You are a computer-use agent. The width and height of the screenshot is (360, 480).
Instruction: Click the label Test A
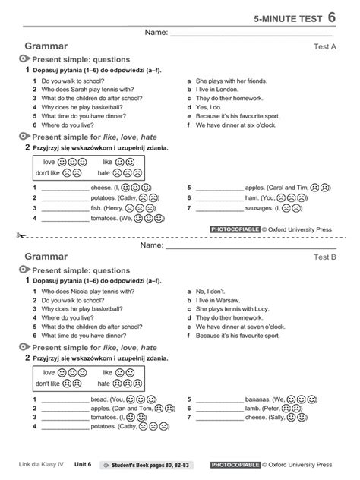point(324,46)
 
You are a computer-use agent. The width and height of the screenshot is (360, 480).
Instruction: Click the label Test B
point(324,257)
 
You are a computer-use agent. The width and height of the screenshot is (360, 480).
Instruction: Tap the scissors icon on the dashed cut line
point(9,236)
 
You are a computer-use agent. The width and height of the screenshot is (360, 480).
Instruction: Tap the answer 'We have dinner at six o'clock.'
point(236,125)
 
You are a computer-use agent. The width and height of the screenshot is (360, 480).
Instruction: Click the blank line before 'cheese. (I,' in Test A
point(65,188)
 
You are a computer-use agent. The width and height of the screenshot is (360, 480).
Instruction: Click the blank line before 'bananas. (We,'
point(219,398)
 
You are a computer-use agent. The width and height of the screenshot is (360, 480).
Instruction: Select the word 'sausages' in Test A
point(259,207)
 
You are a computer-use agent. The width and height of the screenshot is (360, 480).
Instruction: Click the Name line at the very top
point(243,35)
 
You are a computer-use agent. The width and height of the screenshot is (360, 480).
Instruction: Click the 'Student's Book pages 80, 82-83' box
point(150,463)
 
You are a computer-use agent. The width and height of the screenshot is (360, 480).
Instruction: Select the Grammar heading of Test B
point(46,257)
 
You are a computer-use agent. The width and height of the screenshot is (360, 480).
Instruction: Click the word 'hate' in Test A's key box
point(104,173)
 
